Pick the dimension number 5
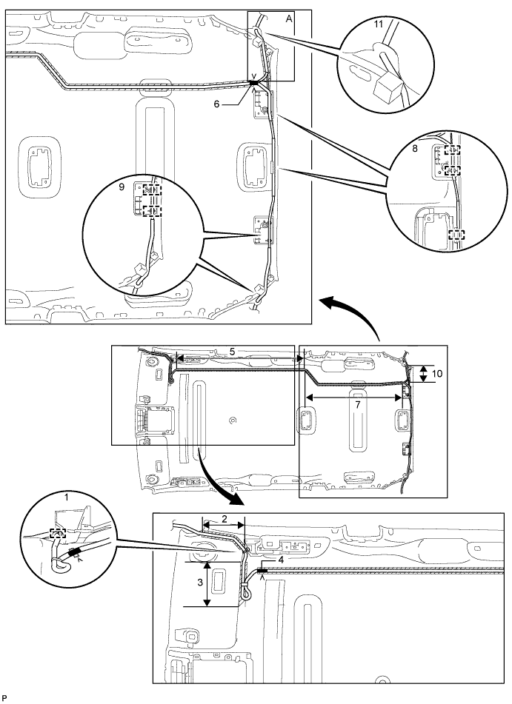[x=232, y=350]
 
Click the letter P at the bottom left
[x=5, y=697]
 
